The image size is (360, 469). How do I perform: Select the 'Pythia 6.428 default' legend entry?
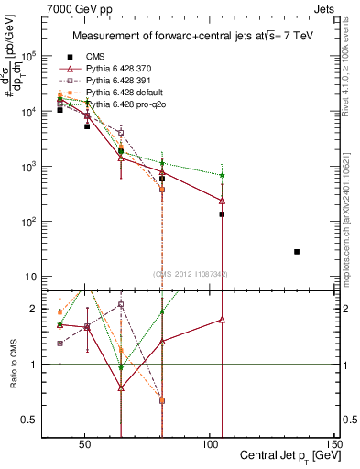pos(128,93)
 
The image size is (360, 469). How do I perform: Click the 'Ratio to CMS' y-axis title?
pos(13,365)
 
